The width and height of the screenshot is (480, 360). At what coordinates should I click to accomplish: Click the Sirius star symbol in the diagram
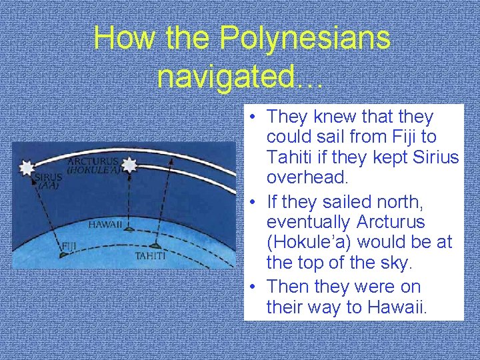27,167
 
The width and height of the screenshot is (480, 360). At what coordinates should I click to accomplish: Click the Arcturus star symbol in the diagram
129,164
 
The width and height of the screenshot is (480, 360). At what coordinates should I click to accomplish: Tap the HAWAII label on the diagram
105,225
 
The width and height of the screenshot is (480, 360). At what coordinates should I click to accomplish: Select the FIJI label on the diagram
69,245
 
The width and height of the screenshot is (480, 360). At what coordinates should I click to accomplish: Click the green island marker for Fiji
63,254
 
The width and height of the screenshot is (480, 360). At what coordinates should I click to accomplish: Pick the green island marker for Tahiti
155,245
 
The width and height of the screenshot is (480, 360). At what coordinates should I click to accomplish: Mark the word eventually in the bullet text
308,221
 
